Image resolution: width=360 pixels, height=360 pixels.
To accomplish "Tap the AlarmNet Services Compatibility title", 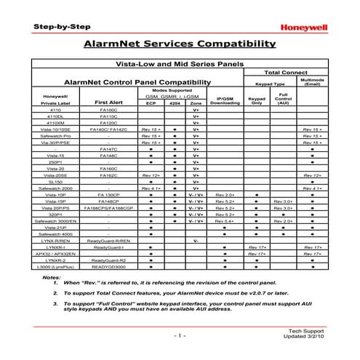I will click(180, 45).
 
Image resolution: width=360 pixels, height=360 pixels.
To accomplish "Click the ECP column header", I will click(151, 103).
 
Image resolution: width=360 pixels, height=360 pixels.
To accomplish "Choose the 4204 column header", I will click(175, 103).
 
